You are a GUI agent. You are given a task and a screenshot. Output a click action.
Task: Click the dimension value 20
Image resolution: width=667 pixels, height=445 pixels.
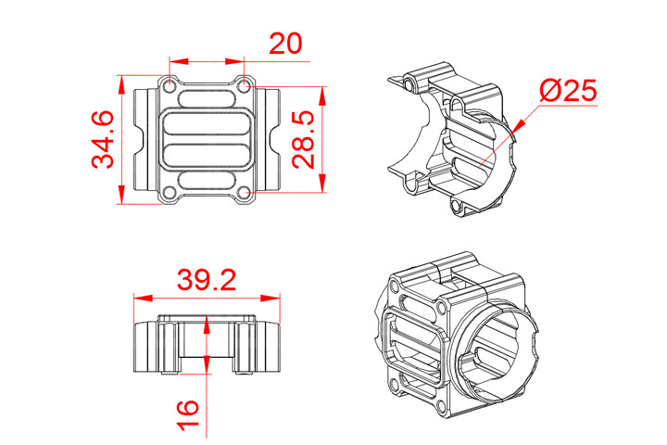pyautogui.click(x=286, y=44)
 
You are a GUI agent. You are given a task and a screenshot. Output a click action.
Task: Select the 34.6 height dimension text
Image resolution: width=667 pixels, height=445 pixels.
pyautogui.click(x=104, y=140)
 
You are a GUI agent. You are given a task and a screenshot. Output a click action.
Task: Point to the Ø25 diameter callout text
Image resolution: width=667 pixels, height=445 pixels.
pyautogui.click(x=566, y=92)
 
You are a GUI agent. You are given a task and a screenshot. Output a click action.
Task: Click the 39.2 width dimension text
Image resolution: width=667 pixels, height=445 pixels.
pyautogui.click(x=207, y=280)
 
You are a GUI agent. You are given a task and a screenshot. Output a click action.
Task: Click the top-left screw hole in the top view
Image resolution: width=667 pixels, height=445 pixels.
pyautogui.click(x=170, y=85)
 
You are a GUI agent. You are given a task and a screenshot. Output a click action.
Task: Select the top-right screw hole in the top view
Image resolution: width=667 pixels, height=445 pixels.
pyautogui.click(x=244, y=85)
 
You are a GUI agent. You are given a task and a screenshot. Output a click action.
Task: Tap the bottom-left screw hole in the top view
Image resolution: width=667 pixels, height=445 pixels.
pyautogui.click(x=170, y=193)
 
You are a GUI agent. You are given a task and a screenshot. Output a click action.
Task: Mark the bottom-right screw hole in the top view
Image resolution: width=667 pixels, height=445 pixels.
pyautogui.click(x=244, y=193)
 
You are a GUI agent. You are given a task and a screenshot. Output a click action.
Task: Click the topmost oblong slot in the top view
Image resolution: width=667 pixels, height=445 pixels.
pyautogui.click(x=207, y=98)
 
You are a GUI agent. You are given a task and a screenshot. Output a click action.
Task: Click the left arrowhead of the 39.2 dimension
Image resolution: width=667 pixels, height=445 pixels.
pyautogui.click(x=138, y=299)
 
